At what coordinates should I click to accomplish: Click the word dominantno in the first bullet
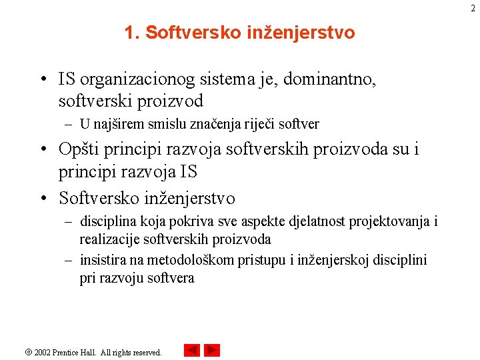click(x=330, y=79)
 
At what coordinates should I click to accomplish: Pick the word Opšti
click(x=77, y=149)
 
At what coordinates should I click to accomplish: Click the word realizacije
click(x=109, y=239)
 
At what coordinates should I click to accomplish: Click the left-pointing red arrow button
click(x=191, y=351)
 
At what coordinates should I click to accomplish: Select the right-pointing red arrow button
click(x=212, y=351)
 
